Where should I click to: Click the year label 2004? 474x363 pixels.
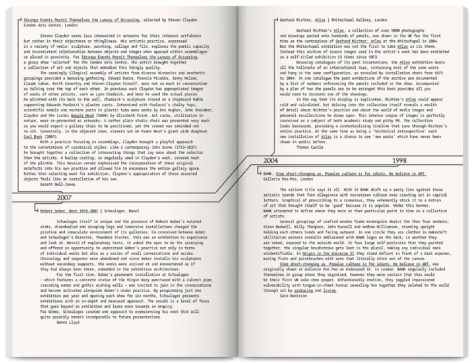270,161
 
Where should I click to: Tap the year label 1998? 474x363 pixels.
399,161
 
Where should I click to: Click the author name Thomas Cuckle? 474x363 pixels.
310,147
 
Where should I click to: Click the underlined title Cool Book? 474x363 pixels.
33,137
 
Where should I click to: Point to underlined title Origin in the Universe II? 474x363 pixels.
329,254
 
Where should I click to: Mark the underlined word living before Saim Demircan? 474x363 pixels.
329,290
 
